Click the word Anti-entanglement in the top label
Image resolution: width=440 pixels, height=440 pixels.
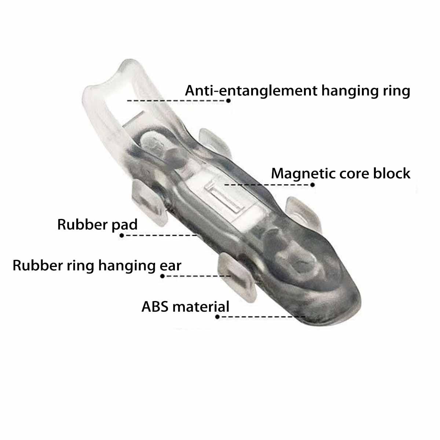pyautogui.click(x=251, y=91)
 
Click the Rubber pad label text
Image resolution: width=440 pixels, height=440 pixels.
pyautogui.click(x=97, y=225)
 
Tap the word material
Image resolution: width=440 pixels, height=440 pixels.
pyautogui.click(x=201, y=307)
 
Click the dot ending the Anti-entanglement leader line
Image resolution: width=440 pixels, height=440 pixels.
pyautogui.click(x=228, y=101)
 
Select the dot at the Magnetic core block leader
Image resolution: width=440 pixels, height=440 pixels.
pyautogui.click(x=312, y=185)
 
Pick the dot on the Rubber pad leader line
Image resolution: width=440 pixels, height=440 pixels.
pyautogui.click(x=121, y=235)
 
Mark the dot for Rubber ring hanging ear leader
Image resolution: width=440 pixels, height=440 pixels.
pyautogui.click(x=162, y=276)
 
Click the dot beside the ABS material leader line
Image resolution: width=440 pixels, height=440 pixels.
pyautogui.click(x=217, y=317)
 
